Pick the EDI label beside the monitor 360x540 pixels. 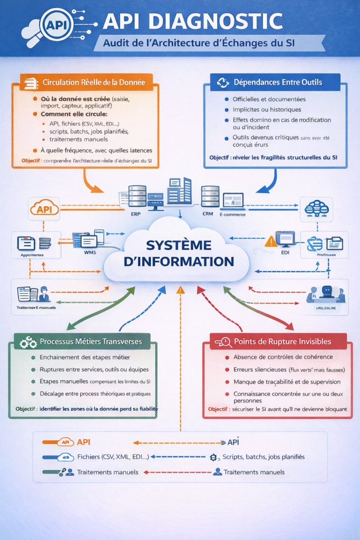coord(287,252)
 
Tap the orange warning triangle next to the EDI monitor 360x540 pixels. coord(271,242)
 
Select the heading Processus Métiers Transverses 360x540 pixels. coord(91,341)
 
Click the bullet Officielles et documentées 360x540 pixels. coord(269,99)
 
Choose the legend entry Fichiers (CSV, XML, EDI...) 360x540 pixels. coord(113,457)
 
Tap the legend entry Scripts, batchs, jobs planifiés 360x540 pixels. coord(264,457)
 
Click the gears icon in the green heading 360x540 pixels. coord(27,342)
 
